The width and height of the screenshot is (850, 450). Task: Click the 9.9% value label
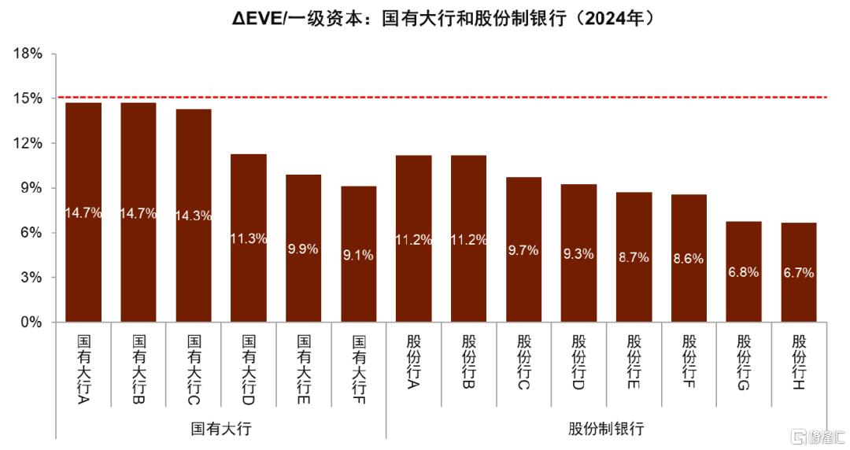tap(303, 249)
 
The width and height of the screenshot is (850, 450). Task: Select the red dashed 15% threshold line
tap(472, 98)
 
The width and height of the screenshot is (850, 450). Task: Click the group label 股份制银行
tap(606, 429)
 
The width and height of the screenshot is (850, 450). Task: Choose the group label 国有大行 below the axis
tap(221, 429)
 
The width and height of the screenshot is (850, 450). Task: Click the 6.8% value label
tap(744, 272)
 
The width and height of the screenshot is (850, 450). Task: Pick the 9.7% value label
tap(523, 250)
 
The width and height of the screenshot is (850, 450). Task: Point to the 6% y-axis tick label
tap(30, 233)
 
